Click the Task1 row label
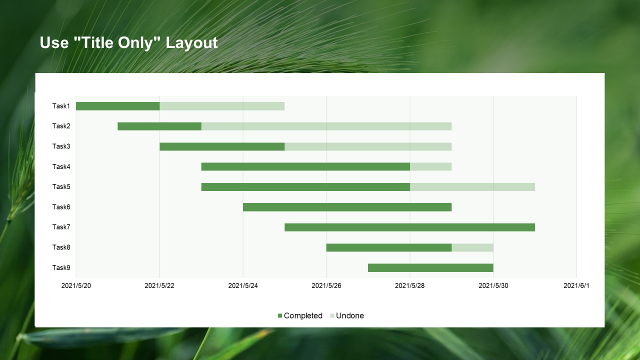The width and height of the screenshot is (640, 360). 61,106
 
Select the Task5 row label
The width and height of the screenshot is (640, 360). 61,186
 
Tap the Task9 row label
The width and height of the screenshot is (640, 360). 61,267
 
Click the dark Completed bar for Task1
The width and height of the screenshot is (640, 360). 117,106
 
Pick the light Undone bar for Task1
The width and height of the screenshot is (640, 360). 222,106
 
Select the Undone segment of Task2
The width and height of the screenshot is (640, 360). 326,126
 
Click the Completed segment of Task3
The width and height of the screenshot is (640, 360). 222,146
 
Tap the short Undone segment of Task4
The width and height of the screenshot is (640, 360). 430,166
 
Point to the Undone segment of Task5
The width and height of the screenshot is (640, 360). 472,187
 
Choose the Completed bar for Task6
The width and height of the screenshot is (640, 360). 347,207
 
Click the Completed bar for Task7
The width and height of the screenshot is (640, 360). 409,227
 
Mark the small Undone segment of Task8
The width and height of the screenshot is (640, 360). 472,247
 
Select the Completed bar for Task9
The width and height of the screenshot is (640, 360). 430,267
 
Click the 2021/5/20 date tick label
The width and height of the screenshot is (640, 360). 75,285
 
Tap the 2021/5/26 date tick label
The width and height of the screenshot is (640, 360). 326,285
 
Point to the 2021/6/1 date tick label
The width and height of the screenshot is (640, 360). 576,285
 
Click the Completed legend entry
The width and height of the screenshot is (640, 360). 300,315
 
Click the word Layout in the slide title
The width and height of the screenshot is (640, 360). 192,43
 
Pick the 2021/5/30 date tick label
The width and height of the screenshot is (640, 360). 493,285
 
